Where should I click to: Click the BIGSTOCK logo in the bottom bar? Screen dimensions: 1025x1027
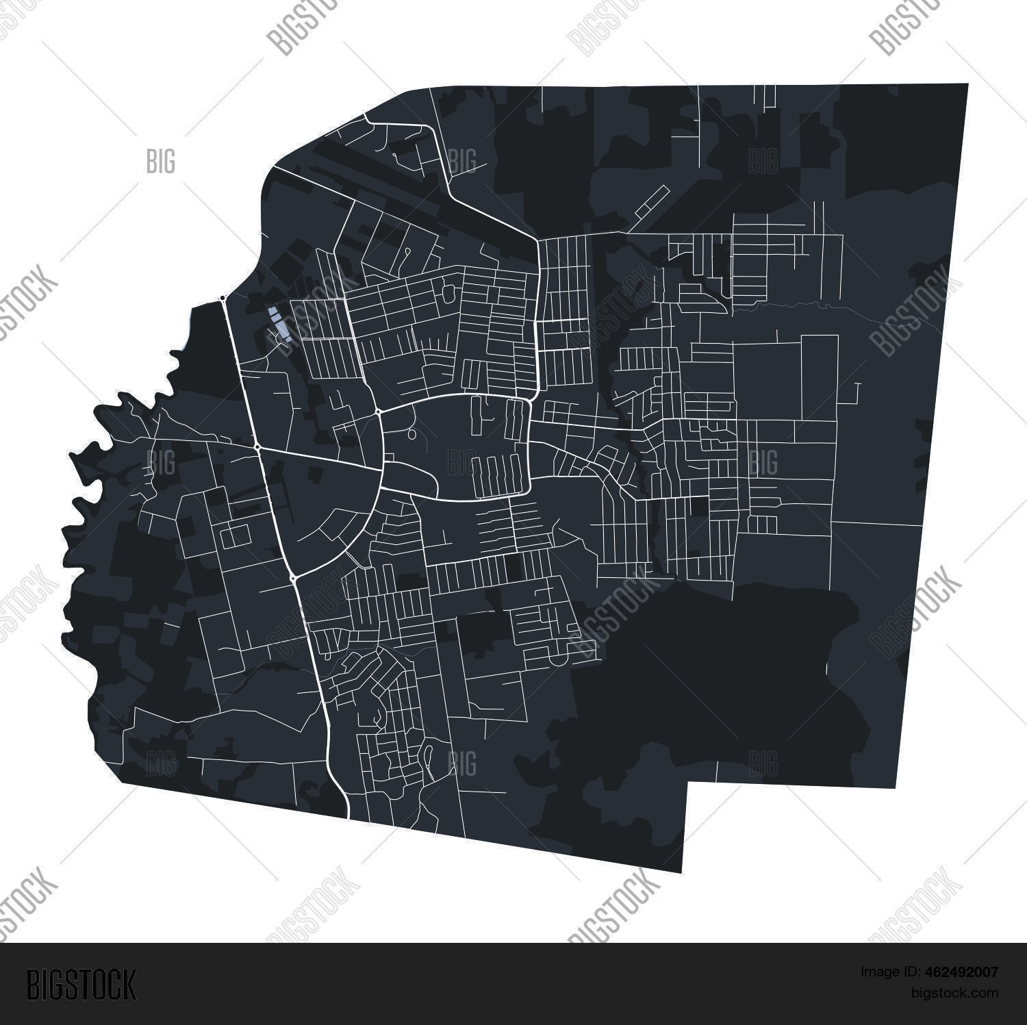point(81,984)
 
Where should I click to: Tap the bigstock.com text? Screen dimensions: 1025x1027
point(957,993)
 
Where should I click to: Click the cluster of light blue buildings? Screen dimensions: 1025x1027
point(280,324)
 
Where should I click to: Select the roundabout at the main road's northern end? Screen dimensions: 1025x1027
point(223,299)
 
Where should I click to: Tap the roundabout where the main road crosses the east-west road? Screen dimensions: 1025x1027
point(257,448)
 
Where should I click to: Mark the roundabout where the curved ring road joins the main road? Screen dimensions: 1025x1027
point(293,579)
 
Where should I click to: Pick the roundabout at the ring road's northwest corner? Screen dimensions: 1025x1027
point(378,412)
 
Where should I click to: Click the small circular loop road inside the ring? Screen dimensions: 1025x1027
point(411,434)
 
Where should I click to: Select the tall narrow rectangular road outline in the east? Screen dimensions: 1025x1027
point(820,377)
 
